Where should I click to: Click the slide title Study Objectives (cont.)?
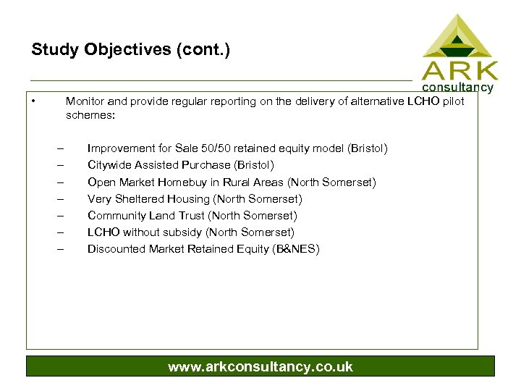tap(130, 50)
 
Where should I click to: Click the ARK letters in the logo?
tap(460, 71)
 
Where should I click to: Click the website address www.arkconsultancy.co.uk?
tap(260, 366)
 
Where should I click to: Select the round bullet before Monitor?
tap(34, 101)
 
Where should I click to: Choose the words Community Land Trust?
tap(147, 215)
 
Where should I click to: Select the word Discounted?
tap(117, 248)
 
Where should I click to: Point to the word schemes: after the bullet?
tap(90, 114)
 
